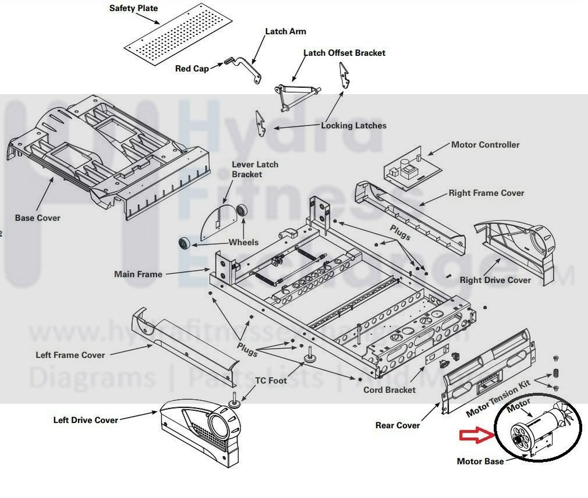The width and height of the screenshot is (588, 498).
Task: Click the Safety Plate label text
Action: pyautogui.click(x=133, y=9)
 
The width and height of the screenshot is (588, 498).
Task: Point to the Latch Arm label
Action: pyautogui.click(x=285, y=31)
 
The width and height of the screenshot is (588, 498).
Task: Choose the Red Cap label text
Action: pyautogui.click(x=192, y=69)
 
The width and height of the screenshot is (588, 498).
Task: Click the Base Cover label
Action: pyautogui.click(x=38, y=218)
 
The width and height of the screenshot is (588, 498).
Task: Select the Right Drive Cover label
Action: pyautogui.click(x=495, y=280)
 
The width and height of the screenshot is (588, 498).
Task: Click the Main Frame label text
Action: pyautogui.click(x=138, y=274)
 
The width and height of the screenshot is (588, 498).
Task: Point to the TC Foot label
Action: pyautogui.click(x=271, y=380)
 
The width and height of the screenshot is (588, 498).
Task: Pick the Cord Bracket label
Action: pyautogui.click(x=389, y=390)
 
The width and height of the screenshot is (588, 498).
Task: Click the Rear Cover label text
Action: pyautogui.click(x=398, y=425)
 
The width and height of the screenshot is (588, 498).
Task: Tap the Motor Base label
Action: pyautogui.click(x=480, y=461)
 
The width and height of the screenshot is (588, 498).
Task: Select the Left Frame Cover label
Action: pyautogui.click(x=70, y=355)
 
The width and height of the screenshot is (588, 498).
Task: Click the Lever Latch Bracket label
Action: pyautogui.click(x=255, y=169)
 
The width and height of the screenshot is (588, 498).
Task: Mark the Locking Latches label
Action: pyautogui.click(x=353, y=126)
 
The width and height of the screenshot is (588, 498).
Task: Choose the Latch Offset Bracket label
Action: pyautogui.click(x=344, y=53)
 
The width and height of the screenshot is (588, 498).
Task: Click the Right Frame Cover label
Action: pyautogui.click(x=486, y=193)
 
